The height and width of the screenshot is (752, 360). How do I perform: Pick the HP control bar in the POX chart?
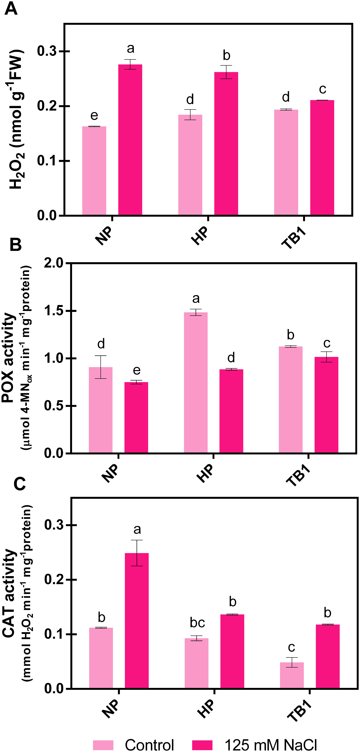pyautogui.click(x=196, y=382)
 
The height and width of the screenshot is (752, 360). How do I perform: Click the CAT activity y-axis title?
pyautogui.click(x=9, y=593)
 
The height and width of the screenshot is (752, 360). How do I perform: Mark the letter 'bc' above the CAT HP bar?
pyautogui.click(x=197, y=623)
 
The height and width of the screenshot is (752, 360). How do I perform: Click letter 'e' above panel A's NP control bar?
pyautogui.click(x=94, y=116)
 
